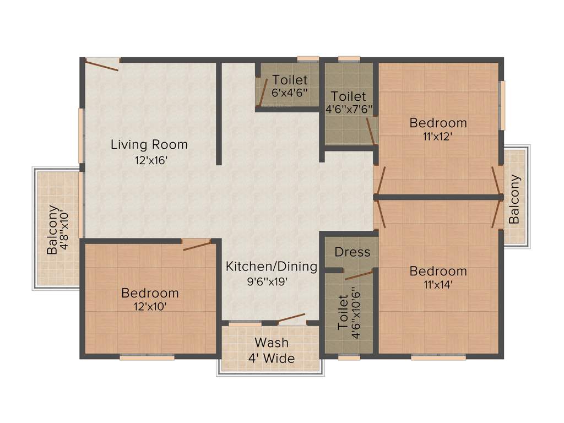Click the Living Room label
[149, 145]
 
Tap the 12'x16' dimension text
[149, 161]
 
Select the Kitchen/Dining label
[272, 267]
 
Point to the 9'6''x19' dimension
[272, 281]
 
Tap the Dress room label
[352, 252]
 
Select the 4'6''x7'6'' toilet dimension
[349, 109]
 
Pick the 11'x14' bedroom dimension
[438, 285]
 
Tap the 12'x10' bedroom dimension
[150, 306]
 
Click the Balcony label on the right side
[514, 199]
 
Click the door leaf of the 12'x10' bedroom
[197, 245]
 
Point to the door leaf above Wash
[291, 319]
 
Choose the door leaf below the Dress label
[359, 275]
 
